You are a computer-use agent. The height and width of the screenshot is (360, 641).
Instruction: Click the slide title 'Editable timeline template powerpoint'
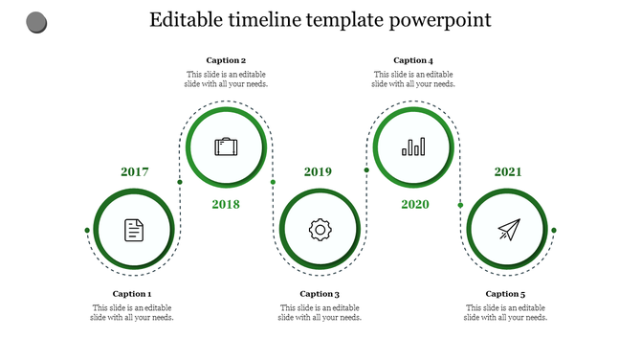coord(320,19)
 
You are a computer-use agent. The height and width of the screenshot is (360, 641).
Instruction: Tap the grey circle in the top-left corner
coord(36,21)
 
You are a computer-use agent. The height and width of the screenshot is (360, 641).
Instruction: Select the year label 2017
coord(134,172)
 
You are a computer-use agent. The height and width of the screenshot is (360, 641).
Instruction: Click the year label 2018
coord(226,204)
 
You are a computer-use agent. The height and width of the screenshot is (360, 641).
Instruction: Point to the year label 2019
coord(318,172)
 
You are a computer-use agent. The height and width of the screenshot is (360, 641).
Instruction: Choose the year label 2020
coord(414,204)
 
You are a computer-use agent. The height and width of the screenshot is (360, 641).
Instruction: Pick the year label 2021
coord(507,172)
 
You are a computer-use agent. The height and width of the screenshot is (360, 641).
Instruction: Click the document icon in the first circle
coord(134,230)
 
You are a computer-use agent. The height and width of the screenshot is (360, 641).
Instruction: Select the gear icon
coord(319,230)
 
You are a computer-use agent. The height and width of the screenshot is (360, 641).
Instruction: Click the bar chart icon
coord(413,146)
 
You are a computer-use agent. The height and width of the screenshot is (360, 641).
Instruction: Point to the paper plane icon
coord(508,230)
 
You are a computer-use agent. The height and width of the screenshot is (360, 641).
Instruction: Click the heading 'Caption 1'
coord(132,294)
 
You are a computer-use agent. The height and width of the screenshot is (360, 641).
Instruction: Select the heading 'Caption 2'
coord(226,60)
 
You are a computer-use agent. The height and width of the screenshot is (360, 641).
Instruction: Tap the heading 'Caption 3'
coord(320,294)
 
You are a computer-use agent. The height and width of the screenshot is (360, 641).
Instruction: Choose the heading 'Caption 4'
coord(413,60)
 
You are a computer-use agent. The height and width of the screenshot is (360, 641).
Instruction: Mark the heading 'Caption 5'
coord(505,294)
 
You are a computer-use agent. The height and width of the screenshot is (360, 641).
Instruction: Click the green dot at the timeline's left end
coord(87,230)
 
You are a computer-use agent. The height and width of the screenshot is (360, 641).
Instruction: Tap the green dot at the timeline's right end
coord(554,230)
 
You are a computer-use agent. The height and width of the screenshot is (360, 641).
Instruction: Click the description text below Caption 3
coord(320,313)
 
